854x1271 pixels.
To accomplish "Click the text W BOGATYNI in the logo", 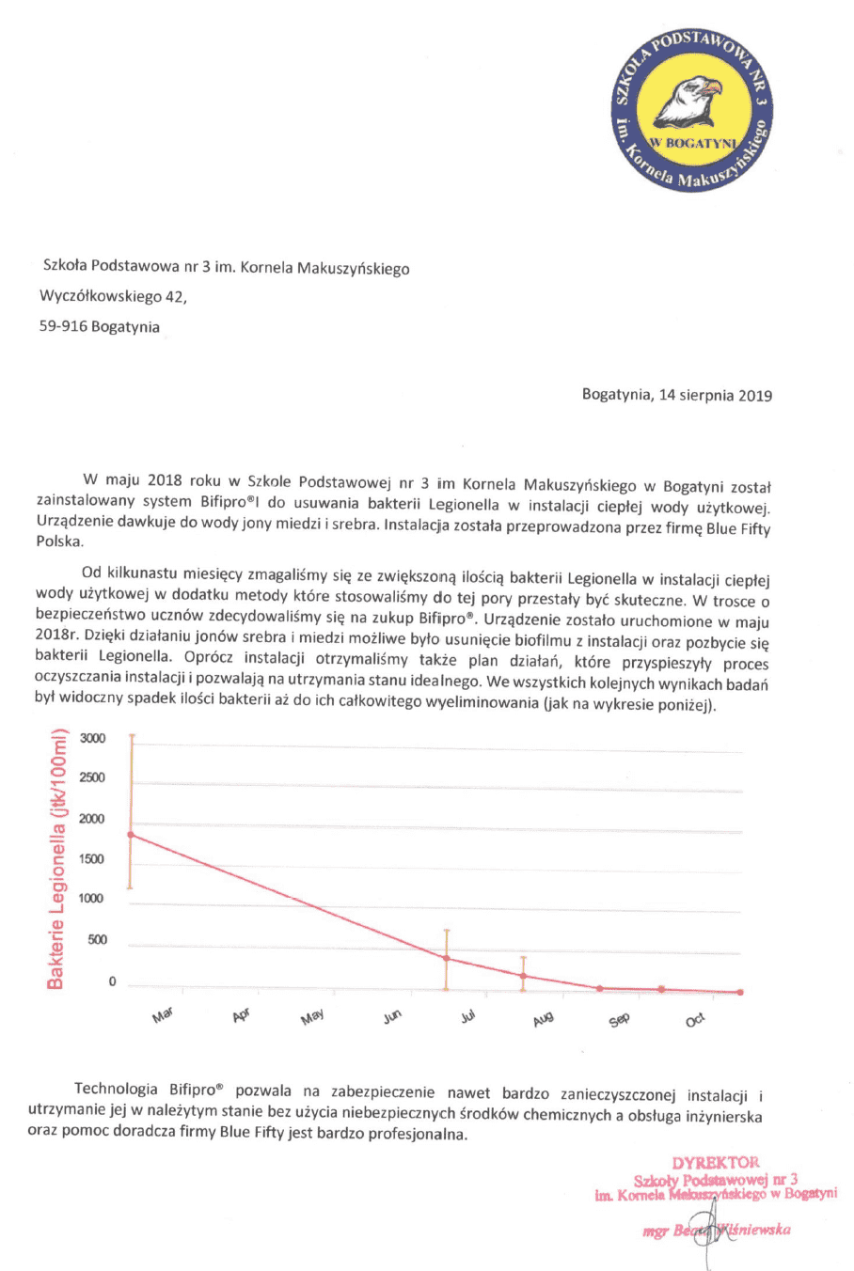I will pyautogui.click(x=695, y=143).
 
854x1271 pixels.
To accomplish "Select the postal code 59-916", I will pyautogui.click(x=62, y=327).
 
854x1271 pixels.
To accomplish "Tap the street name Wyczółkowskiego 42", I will pyautogui.click(x=113, y=297).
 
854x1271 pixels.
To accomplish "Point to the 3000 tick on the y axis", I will pyautogui.click(x=92, y=738).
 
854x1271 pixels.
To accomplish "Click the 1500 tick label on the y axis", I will pyautogui.click(x=92, y=858).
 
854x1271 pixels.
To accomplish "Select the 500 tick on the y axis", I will pyautogui.click(x=97, y=939).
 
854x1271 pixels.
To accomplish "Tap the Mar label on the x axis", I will pyautogui.click(x=163, y=1016).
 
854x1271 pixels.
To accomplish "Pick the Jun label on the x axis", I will pyautogui.click(x=392, y=1016).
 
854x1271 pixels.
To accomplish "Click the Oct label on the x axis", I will pyautogui.click(x=695, y=1020).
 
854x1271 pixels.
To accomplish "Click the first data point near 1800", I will pyautogui.click(x=132, y=834).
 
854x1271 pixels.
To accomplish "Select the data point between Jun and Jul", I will pyautogui.click(x=446, y=958).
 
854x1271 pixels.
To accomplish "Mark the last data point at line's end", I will pyautogui.click(x=740, y=992).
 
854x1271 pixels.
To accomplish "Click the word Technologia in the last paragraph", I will pyautogui.click(x=116, y=1090).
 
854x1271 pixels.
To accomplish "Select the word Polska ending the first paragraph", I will pyautogui.click(x=59, y=542).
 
